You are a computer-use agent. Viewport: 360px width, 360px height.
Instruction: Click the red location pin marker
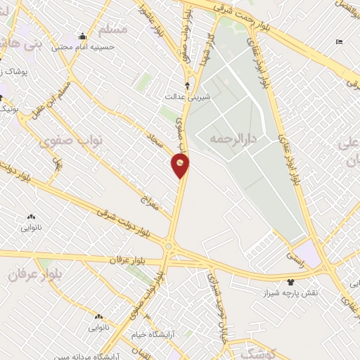point(181,165)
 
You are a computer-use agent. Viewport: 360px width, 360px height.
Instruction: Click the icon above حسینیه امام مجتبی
point(82,37)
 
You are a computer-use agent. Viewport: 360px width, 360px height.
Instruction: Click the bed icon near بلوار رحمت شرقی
point(340,42)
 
